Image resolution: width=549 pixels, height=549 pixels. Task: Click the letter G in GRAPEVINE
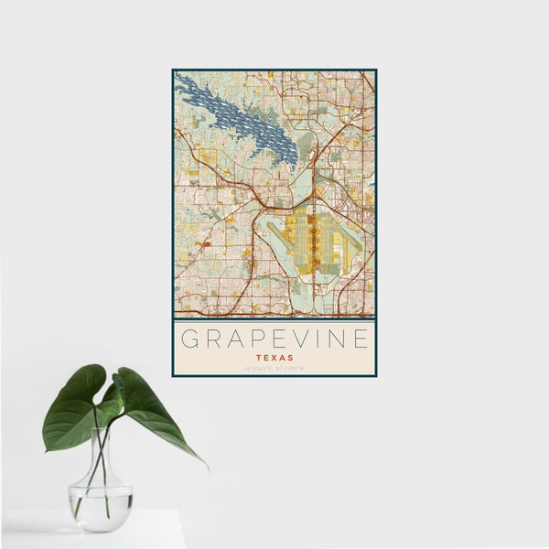click(x=190, y=339)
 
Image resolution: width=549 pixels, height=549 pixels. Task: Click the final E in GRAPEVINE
click(x=362, y=339)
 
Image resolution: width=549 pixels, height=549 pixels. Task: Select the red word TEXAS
click(x=274, y=357)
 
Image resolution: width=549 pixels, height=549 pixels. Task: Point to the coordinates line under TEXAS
click(x=274, y=369)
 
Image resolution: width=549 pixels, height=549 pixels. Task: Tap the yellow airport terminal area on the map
click(x=311, y=242)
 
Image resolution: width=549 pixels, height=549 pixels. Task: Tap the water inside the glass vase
click(x=101, y=508)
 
